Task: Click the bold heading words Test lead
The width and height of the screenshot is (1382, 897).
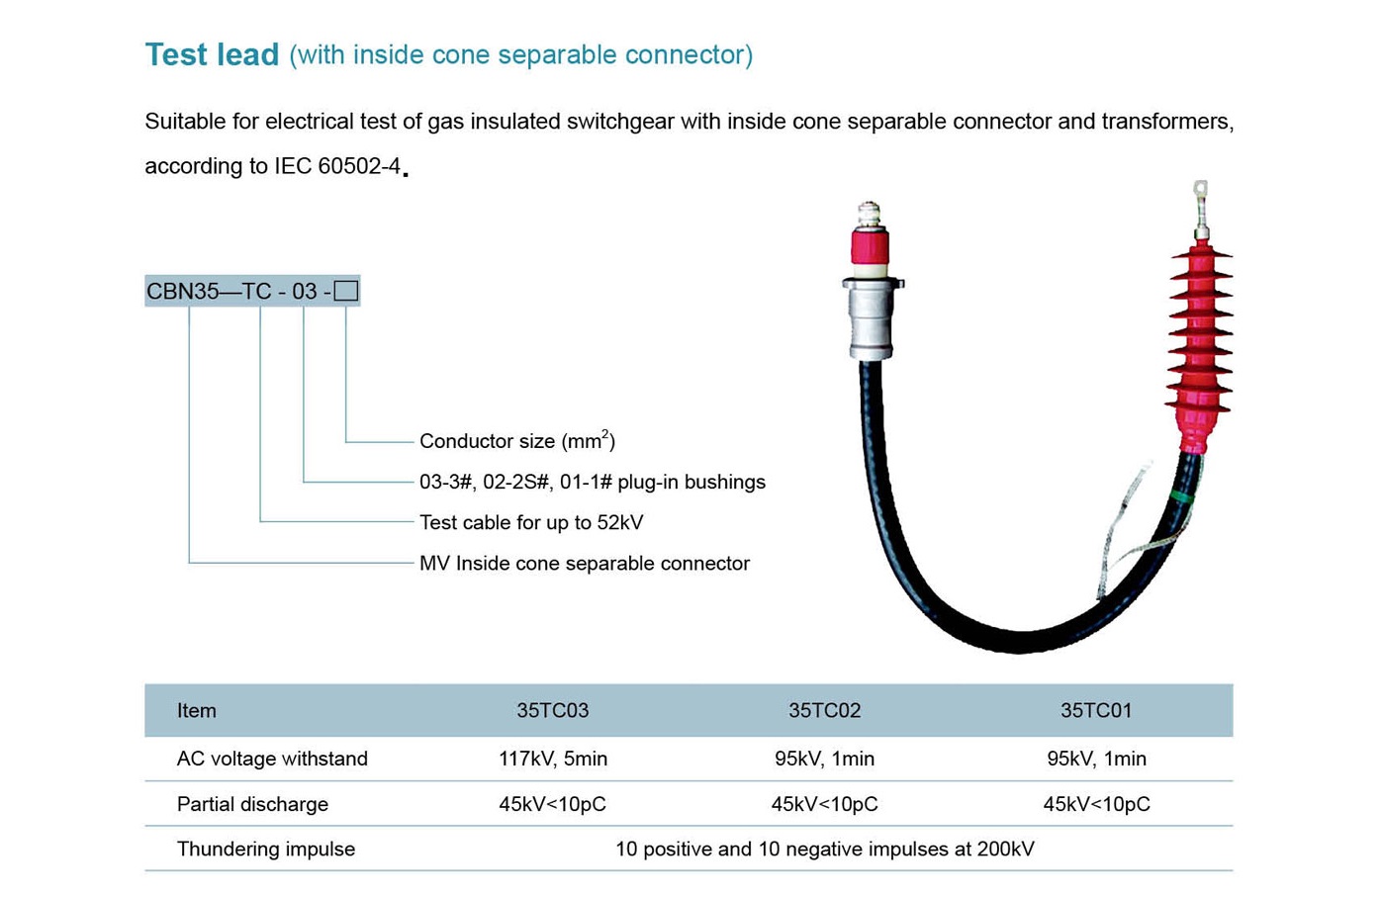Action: [212, 54]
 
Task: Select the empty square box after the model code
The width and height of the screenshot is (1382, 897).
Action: [345, 291]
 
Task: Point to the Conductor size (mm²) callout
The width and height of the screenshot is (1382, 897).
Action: [516, 441]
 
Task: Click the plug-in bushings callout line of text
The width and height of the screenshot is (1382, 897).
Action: [592, 482]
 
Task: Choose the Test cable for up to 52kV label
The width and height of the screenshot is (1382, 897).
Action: [530, 522]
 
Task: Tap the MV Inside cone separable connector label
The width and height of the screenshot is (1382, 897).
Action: [584, 563]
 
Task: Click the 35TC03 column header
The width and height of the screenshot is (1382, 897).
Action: [552, 710]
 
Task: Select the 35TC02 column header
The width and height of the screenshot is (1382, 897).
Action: [824, 710]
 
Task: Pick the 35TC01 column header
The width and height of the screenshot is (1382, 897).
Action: [1096, 710]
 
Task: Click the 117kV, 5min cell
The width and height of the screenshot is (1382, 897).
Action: [552, 759]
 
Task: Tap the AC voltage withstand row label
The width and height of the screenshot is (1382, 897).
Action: [272, 759]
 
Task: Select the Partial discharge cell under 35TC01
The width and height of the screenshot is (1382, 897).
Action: [1096, 804]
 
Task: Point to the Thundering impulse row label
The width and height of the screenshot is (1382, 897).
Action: [265, 849]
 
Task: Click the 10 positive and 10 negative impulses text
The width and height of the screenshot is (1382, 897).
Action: [824, 849]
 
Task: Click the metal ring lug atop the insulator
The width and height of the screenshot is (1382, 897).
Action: [1200, 190]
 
